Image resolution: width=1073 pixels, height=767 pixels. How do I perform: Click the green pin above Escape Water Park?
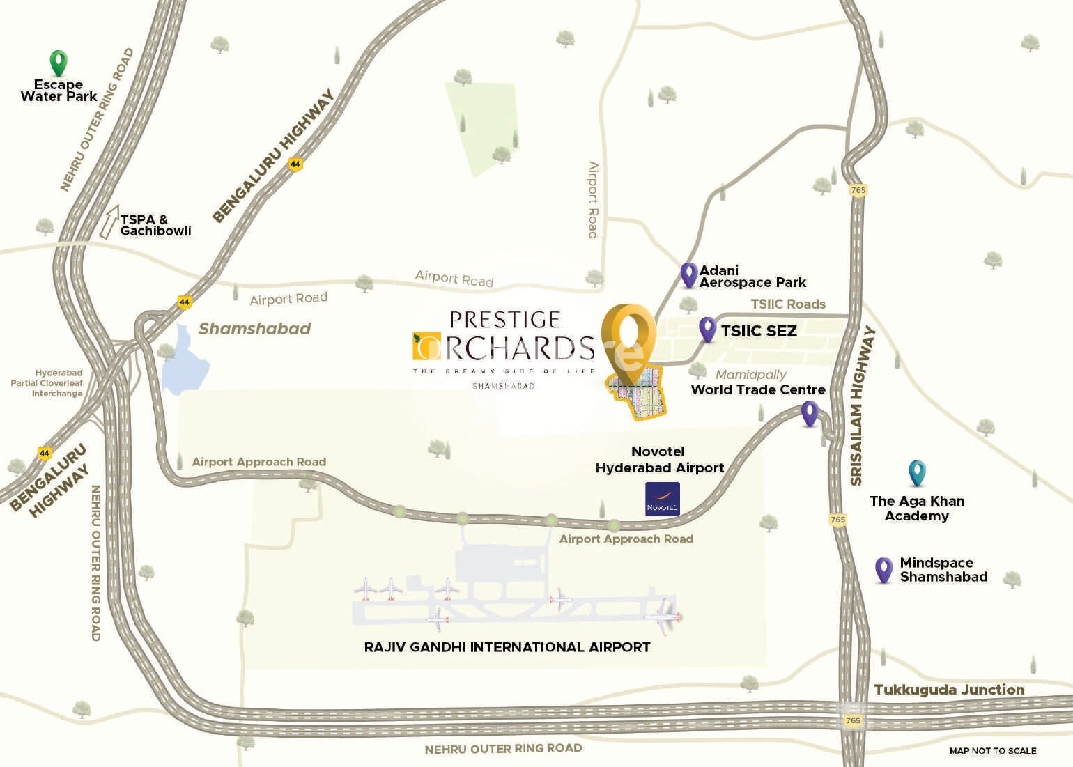tap(59, 62)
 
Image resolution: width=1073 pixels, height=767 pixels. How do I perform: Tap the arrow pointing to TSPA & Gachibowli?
tap(109, 222)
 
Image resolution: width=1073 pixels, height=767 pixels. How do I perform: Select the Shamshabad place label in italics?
tap(254, 329)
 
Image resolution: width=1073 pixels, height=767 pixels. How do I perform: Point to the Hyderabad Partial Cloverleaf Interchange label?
tap(47, 383)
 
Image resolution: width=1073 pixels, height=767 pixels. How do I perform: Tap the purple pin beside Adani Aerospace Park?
tap(688, 274)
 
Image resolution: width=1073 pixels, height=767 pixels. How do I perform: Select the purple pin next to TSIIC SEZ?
tap(707, 329)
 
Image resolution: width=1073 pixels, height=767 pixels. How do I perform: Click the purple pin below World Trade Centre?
tap(809, 413)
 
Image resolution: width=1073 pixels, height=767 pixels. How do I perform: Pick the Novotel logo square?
tap(662, 499)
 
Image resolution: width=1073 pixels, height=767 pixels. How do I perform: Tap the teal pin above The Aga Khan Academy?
tap(917, 473)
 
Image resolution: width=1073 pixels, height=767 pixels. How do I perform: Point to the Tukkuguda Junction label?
tap(949, 690)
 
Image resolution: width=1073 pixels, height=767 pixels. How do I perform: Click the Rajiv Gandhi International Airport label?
tap(507, 647)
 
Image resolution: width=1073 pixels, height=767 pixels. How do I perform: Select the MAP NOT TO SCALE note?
tap(992, 750)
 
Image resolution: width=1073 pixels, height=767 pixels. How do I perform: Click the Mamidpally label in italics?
tap(751, 375)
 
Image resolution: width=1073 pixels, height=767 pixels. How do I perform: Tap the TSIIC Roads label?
tap(787, 304)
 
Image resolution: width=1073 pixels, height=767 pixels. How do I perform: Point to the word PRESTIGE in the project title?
tap(505, 320)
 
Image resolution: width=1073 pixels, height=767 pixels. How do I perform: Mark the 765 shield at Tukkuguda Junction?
tap(854, 720)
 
